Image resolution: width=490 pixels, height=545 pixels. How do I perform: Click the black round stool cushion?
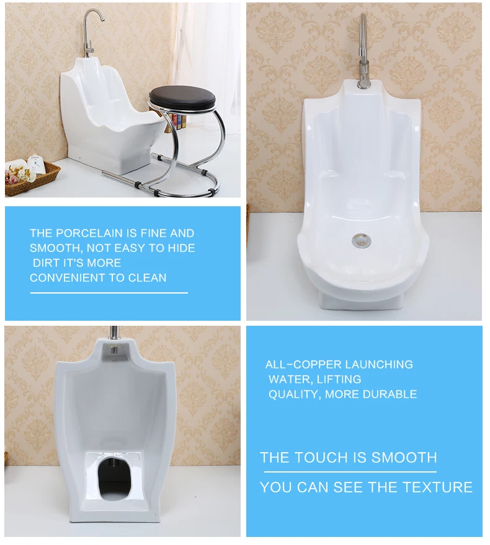[x=182, y=97]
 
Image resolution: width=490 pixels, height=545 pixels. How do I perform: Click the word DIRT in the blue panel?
[x=46, y=263]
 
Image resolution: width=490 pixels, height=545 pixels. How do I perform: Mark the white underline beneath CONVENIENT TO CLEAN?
[x=109, y=292]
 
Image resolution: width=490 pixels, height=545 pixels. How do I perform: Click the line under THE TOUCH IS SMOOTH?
[x=348, y=472]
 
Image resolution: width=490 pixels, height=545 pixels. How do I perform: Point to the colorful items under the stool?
[x=180, y=119]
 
